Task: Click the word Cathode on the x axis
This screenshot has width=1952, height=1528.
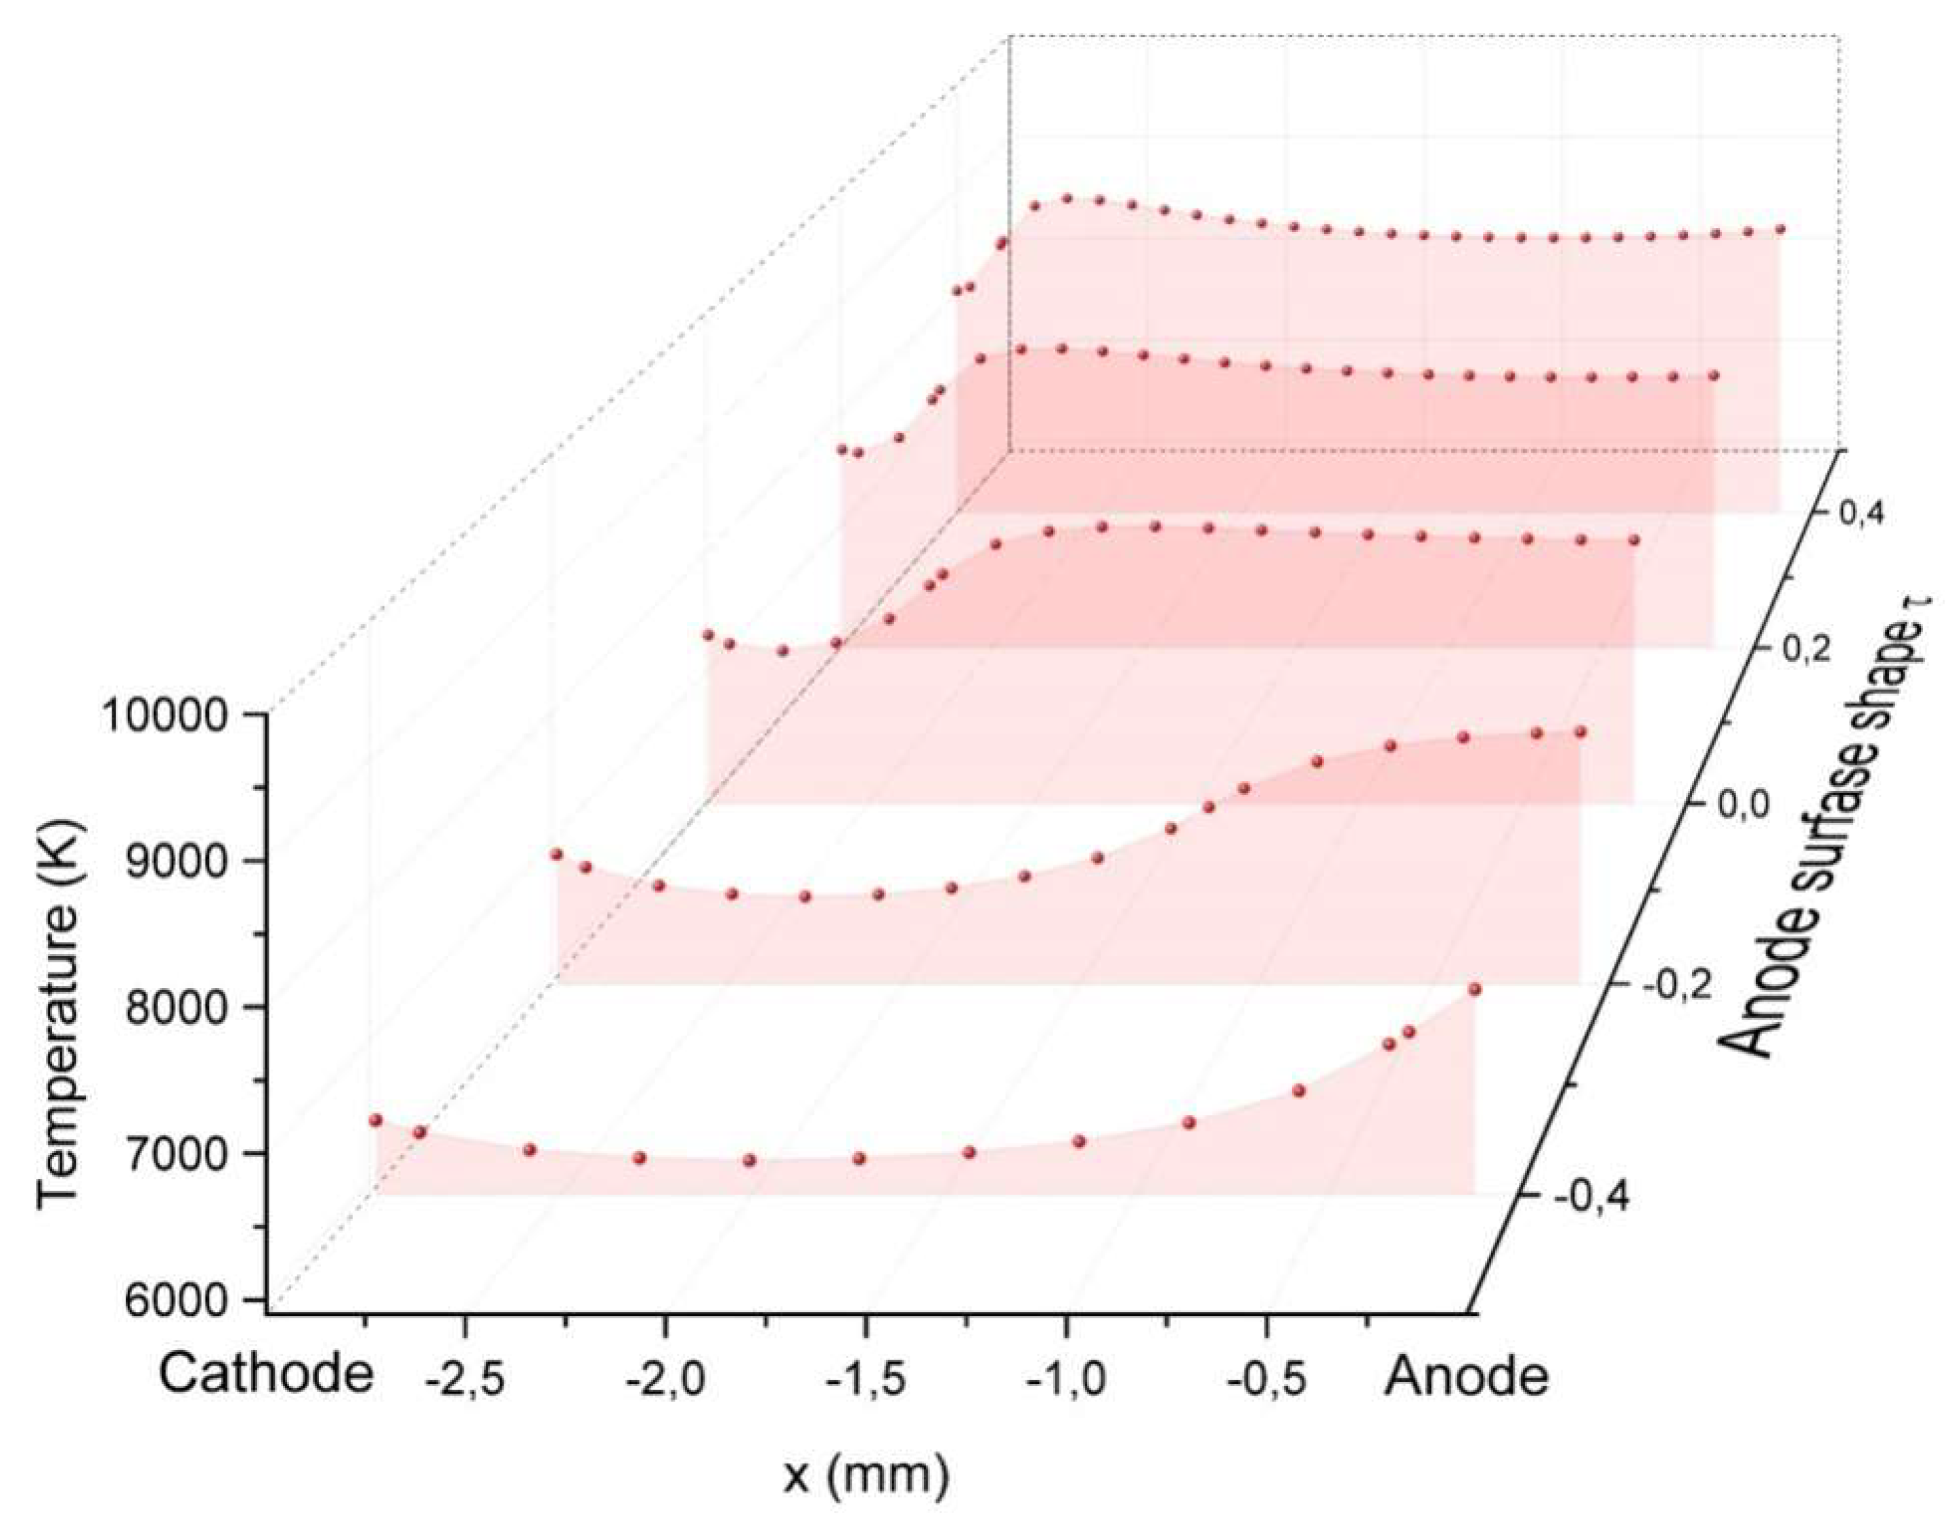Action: (266, 1375)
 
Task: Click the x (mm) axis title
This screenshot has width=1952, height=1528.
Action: (865, 1477)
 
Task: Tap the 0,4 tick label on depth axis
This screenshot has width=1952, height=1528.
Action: (1857, 514)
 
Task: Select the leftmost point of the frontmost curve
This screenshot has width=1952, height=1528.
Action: (376, 1120)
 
